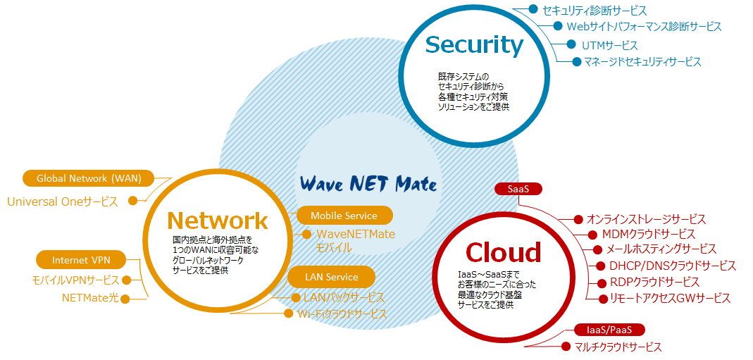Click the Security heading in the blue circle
pos(474,45)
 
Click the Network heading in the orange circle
pos(218,221)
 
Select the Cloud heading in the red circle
pos(503,252)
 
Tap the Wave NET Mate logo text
pos(368,185)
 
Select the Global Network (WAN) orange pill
pos(88,178)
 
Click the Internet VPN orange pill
pos(80,260)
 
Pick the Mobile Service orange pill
pos(344,216)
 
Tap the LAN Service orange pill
pos(332,277)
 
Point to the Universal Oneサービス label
pos(62,201)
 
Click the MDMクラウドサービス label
pos(648,234)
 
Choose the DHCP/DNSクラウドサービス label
pos(673,266)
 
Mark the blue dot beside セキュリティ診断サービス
pos(533,10)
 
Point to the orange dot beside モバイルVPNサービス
pos(127,280)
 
